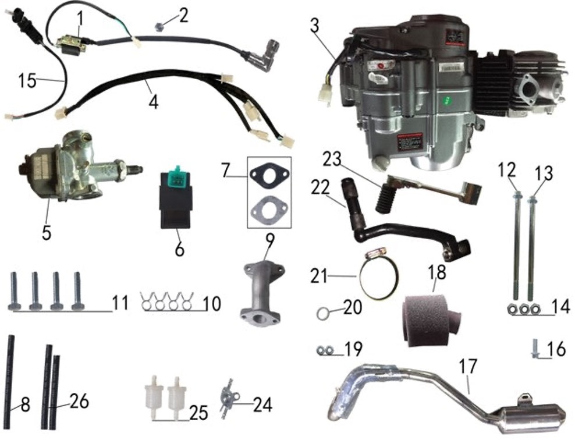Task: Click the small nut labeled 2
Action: point(161,25)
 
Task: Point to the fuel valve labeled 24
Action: point(228,400)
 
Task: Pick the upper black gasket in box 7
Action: point(269,175)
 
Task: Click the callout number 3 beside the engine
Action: point(314,26)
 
